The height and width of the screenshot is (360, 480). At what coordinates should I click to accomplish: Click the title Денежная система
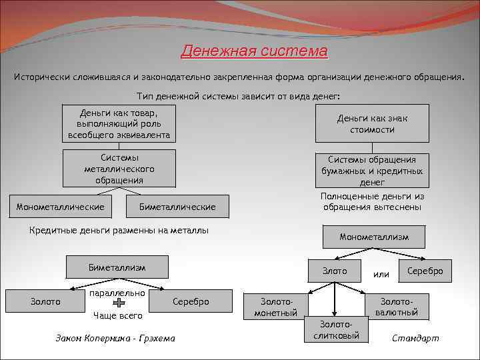tap(255, 51)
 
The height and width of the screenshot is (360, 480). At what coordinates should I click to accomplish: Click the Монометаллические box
tap(60, 207)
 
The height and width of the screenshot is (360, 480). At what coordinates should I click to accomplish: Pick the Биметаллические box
tap(177, 207)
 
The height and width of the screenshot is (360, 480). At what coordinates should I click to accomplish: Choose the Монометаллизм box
tap(373, 237)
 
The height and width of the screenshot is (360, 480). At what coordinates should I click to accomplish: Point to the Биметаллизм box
tap(117, 267)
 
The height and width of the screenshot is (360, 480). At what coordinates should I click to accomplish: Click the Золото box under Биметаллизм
tap(45, 302)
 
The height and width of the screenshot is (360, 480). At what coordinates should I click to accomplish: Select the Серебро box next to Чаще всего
tap(191, 302)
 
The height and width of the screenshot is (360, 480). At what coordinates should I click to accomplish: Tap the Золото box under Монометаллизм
tap(335, 271)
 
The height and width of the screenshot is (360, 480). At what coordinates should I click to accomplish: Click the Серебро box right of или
tap(425, 271)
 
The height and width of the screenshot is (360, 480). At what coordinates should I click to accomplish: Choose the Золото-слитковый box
tap(336, 329)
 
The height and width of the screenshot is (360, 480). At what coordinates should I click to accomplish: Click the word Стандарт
tap(415, 338)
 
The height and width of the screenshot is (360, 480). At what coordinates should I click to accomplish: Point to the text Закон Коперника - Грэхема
tap(115, 338)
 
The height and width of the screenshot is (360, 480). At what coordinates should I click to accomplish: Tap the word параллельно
tap(117, 292)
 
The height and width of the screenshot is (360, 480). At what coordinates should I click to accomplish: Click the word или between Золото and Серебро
tap(381, 274)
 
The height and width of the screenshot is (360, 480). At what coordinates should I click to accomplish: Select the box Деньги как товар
tap(119, 123)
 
